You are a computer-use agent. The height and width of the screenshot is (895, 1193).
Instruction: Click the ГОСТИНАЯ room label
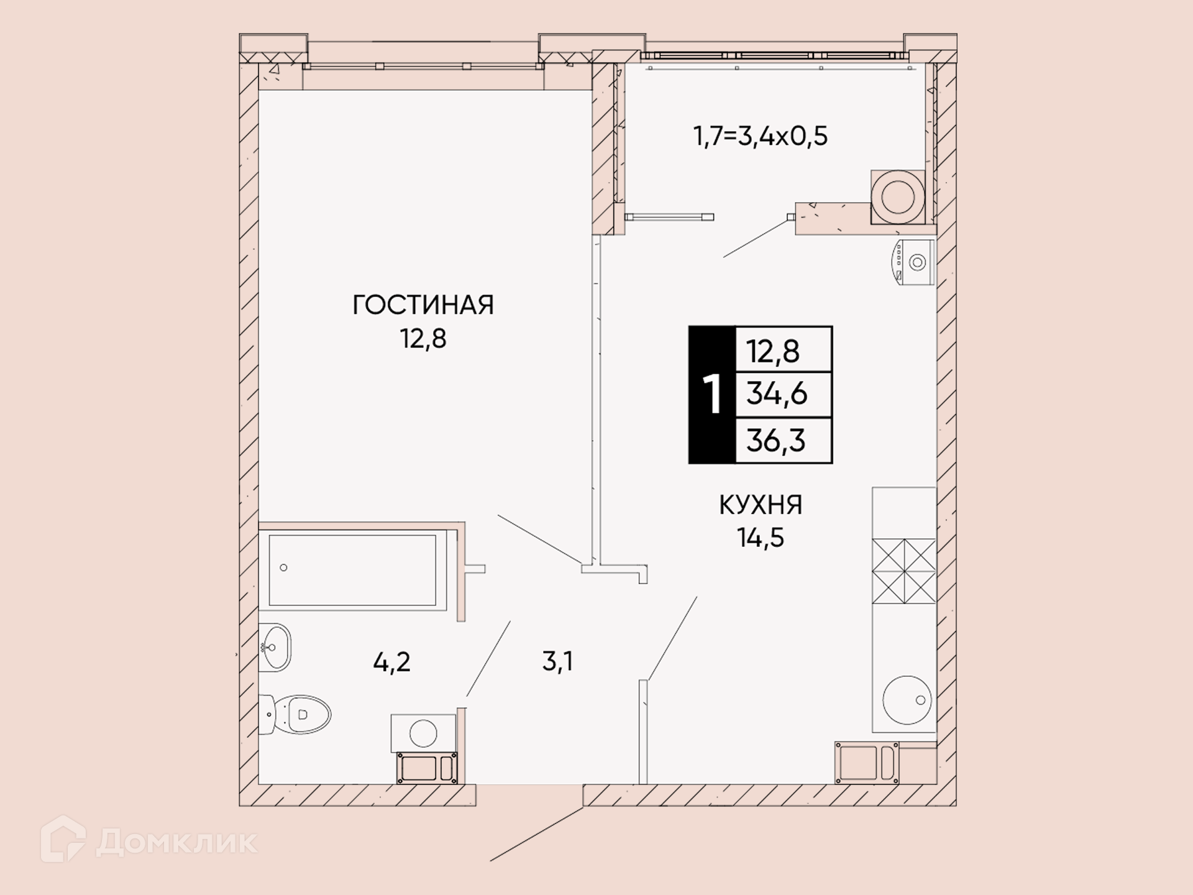[x=423, y=305]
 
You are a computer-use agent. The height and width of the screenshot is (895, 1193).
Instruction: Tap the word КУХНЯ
[x=761, y=505]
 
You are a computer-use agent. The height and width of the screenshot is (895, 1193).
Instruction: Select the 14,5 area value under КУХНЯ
[x=761, y=538]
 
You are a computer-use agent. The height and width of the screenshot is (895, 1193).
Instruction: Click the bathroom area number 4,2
[x=392, y=663]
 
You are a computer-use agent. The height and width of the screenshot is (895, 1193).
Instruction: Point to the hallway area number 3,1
[x=557, y=662]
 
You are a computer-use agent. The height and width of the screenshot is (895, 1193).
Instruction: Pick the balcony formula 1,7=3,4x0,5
[x=761, y=136]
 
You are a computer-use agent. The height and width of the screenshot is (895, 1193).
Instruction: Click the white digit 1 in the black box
[x=712, y=395]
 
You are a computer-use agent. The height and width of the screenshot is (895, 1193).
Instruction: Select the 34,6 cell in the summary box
[x=777, y=394]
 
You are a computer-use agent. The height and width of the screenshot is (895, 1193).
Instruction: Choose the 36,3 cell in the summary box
[x=776, y=441]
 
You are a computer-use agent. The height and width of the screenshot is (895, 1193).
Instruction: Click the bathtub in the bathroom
[x=353, y=570]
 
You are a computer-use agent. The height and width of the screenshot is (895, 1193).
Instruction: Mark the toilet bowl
[x=296, y=715]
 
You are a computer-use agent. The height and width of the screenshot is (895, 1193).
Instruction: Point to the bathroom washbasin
[x=275, y=647]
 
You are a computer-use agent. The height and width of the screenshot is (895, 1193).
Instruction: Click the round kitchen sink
[x=907, y=700]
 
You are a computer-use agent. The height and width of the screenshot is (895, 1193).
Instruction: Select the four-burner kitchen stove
[x=904, y=571]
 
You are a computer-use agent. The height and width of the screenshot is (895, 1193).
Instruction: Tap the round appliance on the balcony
[x=898, y=197]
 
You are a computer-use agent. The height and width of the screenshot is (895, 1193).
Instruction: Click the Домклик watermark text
[x=177, y=843]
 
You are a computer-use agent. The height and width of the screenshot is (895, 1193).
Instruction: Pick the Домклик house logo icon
[x=63, y=839]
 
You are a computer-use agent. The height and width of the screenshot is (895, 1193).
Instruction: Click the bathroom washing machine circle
[x=423, y=733]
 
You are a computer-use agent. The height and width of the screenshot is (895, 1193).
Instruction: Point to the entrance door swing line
[x=537, y=834]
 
